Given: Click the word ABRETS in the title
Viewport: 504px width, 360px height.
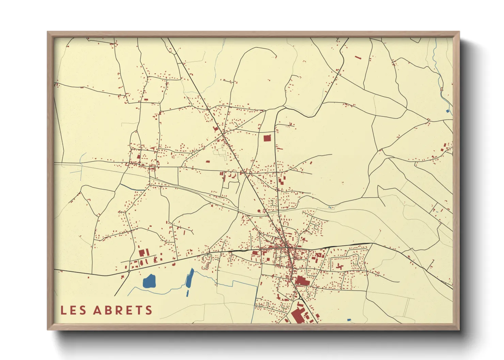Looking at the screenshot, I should (123, 310).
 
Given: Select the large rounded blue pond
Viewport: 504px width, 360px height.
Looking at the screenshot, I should (149, 281).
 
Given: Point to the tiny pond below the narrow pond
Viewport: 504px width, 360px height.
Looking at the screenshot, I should (187, 293).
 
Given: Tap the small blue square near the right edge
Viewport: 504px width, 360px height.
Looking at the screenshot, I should (448, 111).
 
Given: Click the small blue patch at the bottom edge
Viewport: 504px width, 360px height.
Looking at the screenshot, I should (349, 320).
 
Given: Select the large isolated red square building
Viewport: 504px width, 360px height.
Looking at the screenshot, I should (267, 138).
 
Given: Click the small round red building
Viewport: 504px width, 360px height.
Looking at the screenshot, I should (259, 211).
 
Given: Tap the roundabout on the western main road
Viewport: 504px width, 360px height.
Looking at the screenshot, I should (129, 271).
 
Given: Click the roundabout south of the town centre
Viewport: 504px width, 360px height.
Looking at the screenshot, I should (301, 298).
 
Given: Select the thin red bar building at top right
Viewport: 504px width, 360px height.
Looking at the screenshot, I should (358, 58).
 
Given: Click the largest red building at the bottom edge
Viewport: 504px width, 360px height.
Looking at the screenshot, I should (298, 315).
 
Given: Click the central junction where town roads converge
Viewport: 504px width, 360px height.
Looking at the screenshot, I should (288, 247).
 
